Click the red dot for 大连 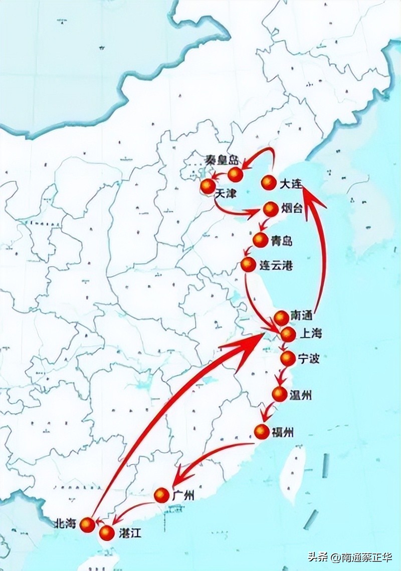[x=269, y=183]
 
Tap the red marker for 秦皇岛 [x=236, y=174]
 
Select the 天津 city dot [x=208, y=186]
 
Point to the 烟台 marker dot [x=270, y=209]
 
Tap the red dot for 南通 [x=282, y=318]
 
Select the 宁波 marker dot [x=287, y=358]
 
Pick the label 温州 [x=300, y=395]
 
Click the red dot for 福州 [x=262, y=431]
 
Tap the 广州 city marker [x=161, y=495]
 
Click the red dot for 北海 [x=88, y=524]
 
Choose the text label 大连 [x=290, y=184]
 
